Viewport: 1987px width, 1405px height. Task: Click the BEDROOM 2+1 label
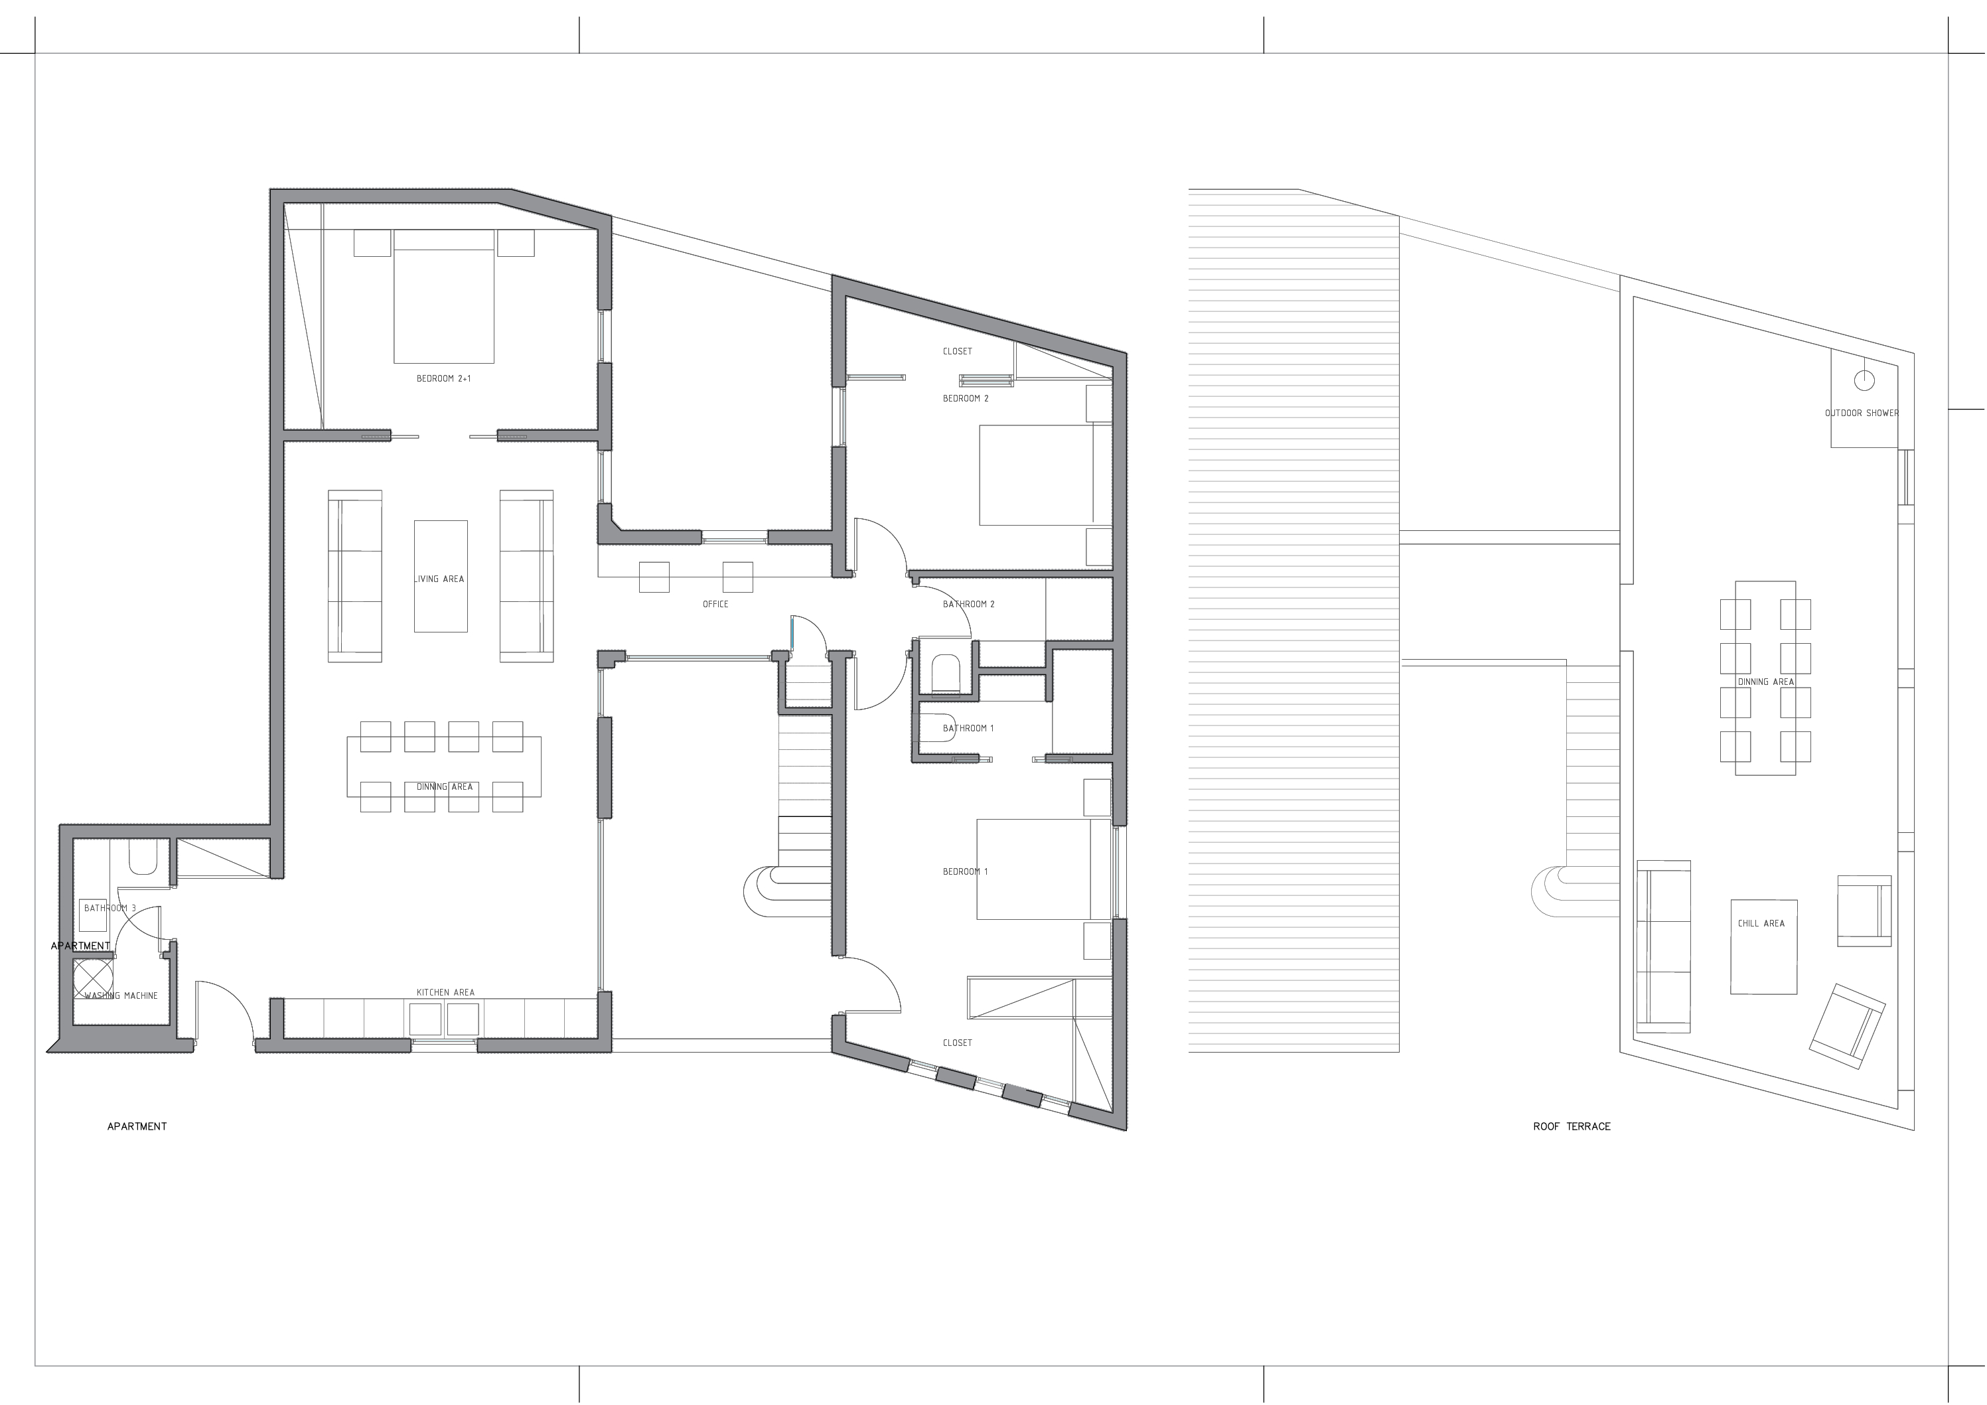[443, 379]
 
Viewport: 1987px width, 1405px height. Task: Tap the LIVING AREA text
[439, 579]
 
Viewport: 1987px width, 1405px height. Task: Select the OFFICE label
[715, 604]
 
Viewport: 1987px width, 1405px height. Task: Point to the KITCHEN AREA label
[446, 993]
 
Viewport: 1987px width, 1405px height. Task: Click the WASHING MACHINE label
[121, 996]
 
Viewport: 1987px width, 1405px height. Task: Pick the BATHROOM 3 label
[110, 908]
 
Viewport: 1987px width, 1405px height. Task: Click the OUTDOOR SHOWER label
[1862, 413]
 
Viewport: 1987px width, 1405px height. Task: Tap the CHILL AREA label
[1761, 924]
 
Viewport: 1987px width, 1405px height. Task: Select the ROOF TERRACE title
[1572, 1126]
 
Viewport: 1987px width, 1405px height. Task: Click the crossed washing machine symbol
[93, 978]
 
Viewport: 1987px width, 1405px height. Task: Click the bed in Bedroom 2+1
[444, 296]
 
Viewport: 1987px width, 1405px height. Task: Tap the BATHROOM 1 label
[968, 728]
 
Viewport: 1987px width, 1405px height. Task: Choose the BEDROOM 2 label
[966, 398]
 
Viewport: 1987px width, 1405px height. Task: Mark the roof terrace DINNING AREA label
[1766, 682]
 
